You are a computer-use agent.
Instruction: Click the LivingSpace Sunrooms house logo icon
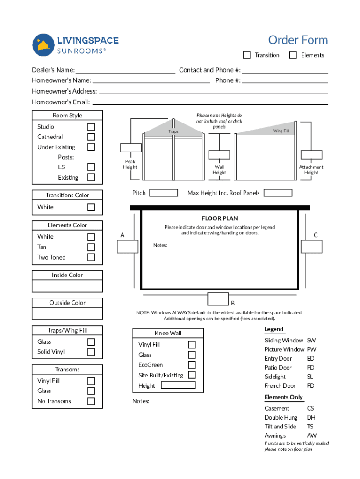[x=43, y=45]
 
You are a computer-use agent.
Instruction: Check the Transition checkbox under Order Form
[x=247, y=55]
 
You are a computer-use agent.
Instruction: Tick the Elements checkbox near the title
[x=293, y=55]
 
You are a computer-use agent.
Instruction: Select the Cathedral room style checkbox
[x=91, y=137]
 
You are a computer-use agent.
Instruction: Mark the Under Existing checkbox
[x=91, y=147]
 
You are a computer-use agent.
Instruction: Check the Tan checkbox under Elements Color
[x=91, y=247]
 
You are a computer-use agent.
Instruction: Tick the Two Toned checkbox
[x=91, y=257]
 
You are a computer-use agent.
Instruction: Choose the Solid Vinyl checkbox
[x=91, y=352]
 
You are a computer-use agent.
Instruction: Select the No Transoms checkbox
[x=91, y=401]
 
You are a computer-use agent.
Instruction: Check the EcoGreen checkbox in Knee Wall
[x=192, y=365]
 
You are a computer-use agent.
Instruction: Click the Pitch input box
[x=163, y=193]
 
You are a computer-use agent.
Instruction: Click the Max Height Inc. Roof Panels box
[x=278, y=193]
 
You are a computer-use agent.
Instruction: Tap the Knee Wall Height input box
[x=178, y=385]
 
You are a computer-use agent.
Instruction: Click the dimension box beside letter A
[x=128, y=247]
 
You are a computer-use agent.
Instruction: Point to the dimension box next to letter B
[x=217, y=298]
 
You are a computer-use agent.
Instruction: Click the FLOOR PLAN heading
[x=219, y=218]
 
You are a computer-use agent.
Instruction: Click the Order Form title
[x=298, y=40]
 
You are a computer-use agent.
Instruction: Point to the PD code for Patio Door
[x=311, y=368]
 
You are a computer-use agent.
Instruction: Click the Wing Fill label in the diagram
[x=281, y=131]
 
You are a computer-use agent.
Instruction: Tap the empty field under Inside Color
[x=67, y=286]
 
